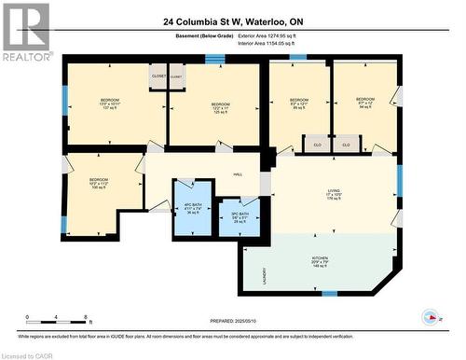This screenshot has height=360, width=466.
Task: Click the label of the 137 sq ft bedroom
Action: tap(111, 104)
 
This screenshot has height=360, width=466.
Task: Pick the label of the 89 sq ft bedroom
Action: tap(298, 104)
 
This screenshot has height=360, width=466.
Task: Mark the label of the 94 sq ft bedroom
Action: tap(364, 103)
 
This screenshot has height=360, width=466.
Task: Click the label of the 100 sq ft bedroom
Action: tap(99, 184)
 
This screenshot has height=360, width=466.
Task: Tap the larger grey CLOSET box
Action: tap(158, 77)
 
